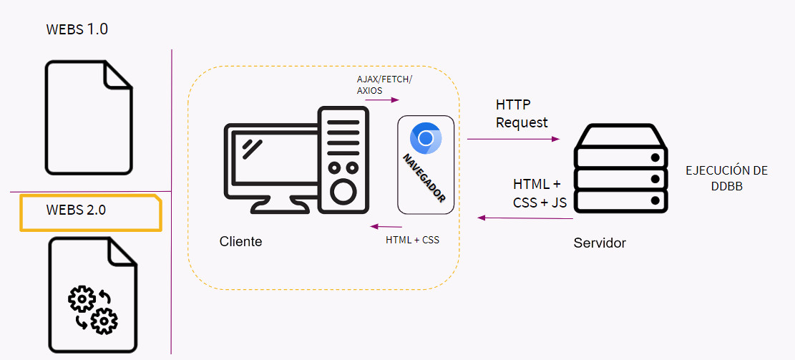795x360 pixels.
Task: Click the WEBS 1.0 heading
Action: pos(77,29)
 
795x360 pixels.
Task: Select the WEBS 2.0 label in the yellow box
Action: pos(76,210)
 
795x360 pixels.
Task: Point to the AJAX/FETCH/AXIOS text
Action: pos(384,84)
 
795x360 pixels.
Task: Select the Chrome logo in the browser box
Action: pos(426,138)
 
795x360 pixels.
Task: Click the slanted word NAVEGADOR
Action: pos(424,178)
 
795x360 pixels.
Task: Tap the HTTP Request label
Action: pos(522,114)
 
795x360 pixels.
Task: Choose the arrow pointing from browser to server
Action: pos(513,140)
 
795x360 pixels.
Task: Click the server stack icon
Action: pos(621,169)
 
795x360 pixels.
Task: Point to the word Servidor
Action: pos(600,243)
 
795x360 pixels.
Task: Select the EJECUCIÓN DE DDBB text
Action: pos(726,177)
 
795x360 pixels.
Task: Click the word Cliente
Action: pos(240,242)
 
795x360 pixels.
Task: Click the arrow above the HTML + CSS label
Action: pos(386,227)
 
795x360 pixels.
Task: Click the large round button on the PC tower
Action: pos(343,192)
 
